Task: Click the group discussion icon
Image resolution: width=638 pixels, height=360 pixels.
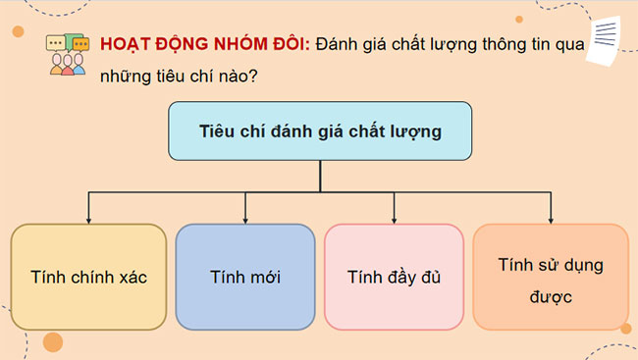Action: (67, 56)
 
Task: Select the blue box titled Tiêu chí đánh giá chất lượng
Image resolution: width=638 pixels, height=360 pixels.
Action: (320, 130)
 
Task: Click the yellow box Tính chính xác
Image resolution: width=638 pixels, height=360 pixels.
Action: (88, 277)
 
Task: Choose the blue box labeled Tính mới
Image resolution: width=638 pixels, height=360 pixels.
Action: (245, 277)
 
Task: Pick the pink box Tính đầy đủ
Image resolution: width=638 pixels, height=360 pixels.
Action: (394, 277)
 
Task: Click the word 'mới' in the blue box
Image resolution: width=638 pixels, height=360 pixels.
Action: (263, 277)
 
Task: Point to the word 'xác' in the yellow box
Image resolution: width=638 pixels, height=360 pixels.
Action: (133, 277)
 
